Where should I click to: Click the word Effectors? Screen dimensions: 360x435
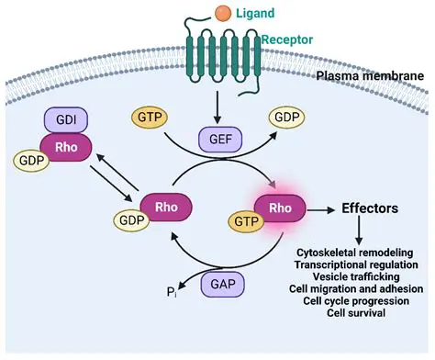369,208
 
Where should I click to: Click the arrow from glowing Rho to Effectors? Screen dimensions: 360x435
322,209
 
